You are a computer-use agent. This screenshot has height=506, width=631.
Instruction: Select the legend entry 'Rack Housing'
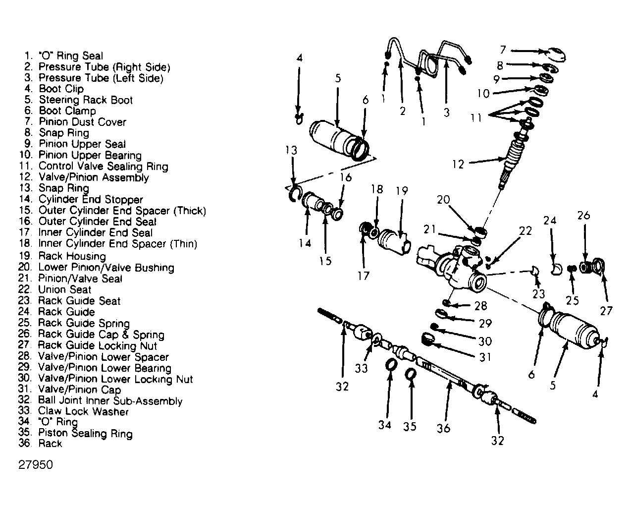pos(62,256)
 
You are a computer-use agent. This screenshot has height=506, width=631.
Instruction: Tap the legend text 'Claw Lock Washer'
pos(73,411)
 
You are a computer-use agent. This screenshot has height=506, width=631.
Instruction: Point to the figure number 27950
pos(36,464)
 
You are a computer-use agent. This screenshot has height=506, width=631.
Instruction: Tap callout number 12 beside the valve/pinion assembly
pos(458,164)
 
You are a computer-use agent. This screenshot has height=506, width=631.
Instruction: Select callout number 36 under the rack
pos(443,428)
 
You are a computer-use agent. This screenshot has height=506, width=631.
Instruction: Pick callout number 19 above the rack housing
pos(402,191)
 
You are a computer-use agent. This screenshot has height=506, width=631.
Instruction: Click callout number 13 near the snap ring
pos(291,150)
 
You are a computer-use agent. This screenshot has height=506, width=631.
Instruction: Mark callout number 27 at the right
pos(606,311)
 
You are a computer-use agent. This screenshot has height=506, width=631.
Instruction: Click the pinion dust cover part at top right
pos(557,55)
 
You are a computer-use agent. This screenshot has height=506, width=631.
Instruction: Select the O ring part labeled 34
pos(391,365)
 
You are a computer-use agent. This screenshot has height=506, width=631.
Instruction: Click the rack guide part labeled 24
pos(556,269)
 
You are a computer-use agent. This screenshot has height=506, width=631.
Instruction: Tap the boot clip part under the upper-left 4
pos(299,118)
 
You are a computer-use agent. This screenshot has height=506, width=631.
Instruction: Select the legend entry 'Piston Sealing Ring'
pos(75,433)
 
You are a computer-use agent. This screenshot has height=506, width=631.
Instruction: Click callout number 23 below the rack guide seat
pos(539,293)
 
